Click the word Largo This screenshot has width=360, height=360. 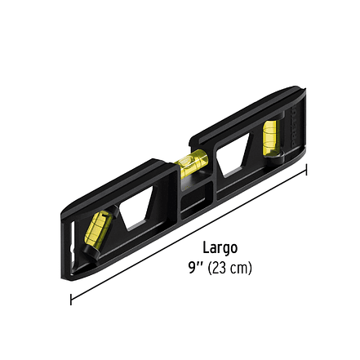click(x=220, y=248)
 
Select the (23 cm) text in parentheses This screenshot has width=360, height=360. click(x=230, y=268)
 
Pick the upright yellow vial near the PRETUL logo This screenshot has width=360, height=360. click(x=271, y=136)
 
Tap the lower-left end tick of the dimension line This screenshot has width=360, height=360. click(x=71, y=299)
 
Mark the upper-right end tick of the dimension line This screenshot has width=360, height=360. click(x=307, y=170)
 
